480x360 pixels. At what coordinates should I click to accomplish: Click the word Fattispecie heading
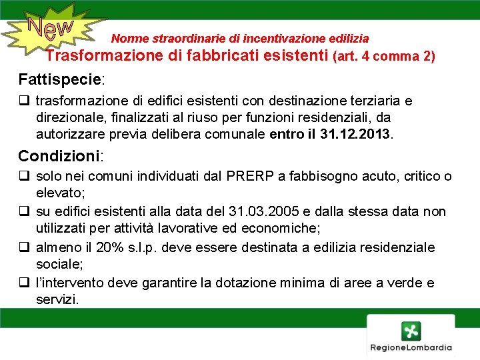point(59,79)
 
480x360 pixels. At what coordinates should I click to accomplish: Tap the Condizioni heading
point(59,156)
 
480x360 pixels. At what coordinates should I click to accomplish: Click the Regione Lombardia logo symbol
point(411,331)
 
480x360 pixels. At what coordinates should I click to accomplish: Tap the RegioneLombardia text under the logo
point(411,347)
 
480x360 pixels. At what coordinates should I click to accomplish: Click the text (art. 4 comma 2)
point(383,57)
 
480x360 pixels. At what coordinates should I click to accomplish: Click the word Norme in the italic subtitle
point(127,39)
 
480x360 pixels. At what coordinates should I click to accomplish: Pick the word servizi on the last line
point(57,300)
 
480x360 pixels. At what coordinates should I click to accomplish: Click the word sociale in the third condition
point(59,264)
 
